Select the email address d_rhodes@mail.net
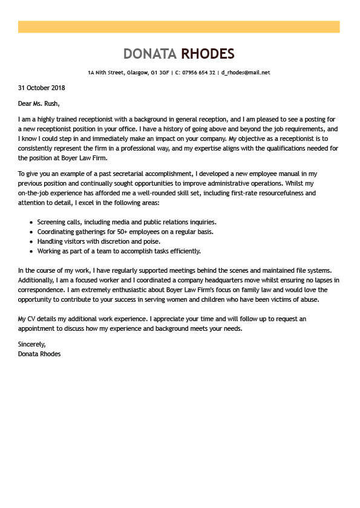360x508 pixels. point(246,73)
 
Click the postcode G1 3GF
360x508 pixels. point(160,73)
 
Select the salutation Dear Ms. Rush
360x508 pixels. point(39,103)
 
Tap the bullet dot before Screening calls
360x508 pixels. point(31,223)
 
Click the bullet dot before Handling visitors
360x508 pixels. point(31,241)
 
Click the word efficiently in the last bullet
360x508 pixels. point(183,250)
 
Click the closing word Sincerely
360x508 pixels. point(32,344)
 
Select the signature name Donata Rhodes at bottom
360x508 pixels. point(39,354)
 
